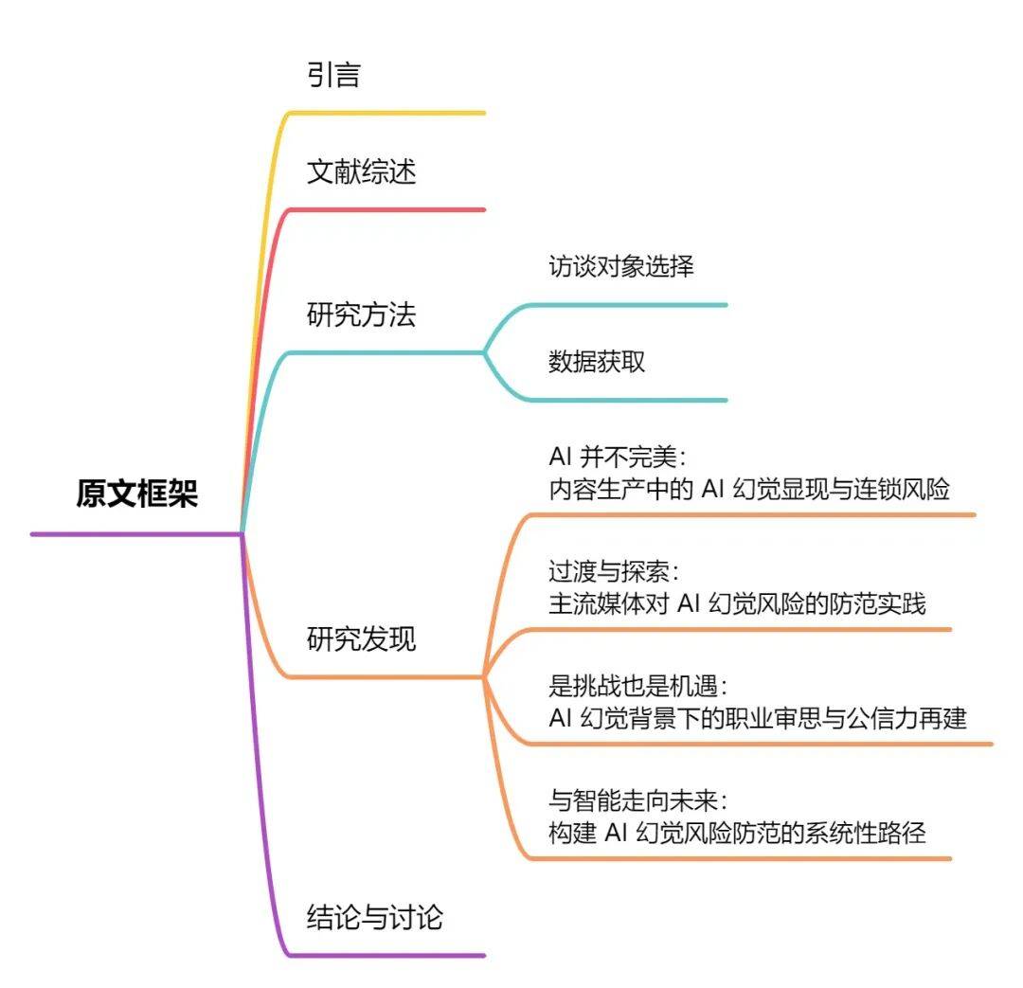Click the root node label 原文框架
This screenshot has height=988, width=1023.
coord(137,494)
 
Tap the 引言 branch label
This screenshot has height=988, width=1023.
coord(333,75)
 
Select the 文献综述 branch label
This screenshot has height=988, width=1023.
coord(362,171)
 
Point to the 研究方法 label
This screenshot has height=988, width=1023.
coord(362,314)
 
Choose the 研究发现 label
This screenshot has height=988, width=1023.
coord(362,639)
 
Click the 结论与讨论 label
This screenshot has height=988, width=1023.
coord(375,917)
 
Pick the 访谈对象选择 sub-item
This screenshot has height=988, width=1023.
coord(621,266)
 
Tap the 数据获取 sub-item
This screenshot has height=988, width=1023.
coord(597,361)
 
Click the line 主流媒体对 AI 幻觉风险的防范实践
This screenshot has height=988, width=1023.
coord(737,603)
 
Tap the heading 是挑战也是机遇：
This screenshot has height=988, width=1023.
coord(640,686)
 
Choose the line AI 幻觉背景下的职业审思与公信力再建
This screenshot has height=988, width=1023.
coord(758,718)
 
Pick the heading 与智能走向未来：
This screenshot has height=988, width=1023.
coord(640,800)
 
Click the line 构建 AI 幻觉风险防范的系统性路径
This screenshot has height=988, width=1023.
coord(737,833)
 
